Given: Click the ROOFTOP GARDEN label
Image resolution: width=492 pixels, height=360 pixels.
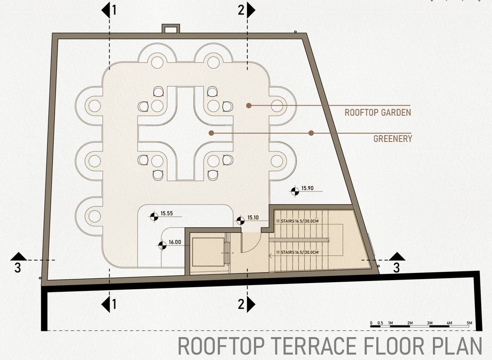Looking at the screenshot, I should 378,112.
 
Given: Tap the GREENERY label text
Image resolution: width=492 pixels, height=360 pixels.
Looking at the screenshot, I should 393,139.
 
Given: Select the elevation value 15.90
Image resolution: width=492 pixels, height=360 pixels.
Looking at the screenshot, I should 307,188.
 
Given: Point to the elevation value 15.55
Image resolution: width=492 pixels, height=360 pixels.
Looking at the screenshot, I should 166,214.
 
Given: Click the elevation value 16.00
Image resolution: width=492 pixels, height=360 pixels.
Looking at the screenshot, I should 175,242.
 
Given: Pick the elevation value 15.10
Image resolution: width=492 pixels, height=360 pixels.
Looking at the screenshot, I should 253,217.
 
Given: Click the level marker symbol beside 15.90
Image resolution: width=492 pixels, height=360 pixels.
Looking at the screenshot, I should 295,191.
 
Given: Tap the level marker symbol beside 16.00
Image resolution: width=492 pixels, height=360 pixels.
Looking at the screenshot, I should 162,246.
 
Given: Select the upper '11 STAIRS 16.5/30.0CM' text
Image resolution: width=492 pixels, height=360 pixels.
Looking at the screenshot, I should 297,222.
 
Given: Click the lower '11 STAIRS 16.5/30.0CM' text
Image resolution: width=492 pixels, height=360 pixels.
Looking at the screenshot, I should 297,253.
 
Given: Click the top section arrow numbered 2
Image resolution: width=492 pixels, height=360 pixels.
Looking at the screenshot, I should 251,10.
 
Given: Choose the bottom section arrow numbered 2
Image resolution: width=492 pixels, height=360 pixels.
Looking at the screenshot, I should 251,304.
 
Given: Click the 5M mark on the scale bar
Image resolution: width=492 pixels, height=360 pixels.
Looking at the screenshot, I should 469,323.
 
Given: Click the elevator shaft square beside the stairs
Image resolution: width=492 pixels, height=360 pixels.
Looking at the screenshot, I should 206,253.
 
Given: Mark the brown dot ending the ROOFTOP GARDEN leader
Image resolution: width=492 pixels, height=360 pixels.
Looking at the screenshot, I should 248,106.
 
